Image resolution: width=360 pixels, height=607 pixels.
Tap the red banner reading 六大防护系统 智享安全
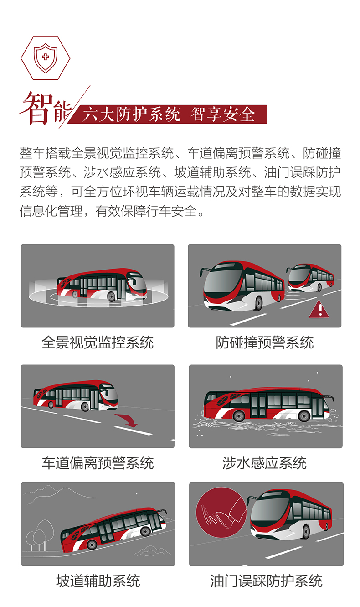pos(169,114)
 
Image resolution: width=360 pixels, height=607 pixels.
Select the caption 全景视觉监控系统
pos(98,342)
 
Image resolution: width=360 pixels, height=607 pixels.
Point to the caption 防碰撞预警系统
pos(265,342)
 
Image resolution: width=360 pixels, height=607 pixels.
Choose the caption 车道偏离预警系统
pos(98,463)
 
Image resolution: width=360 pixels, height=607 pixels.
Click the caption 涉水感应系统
pos(265,463)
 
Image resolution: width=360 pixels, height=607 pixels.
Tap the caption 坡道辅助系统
pos(98,581)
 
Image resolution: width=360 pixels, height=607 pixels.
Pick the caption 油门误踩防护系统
pos(266,581)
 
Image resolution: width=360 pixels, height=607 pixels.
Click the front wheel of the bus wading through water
pos(303,415)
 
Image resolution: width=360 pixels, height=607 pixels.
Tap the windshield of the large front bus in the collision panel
pos(221,283)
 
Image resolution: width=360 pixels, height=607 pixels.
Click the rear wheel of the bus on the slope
pos(92,544)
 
